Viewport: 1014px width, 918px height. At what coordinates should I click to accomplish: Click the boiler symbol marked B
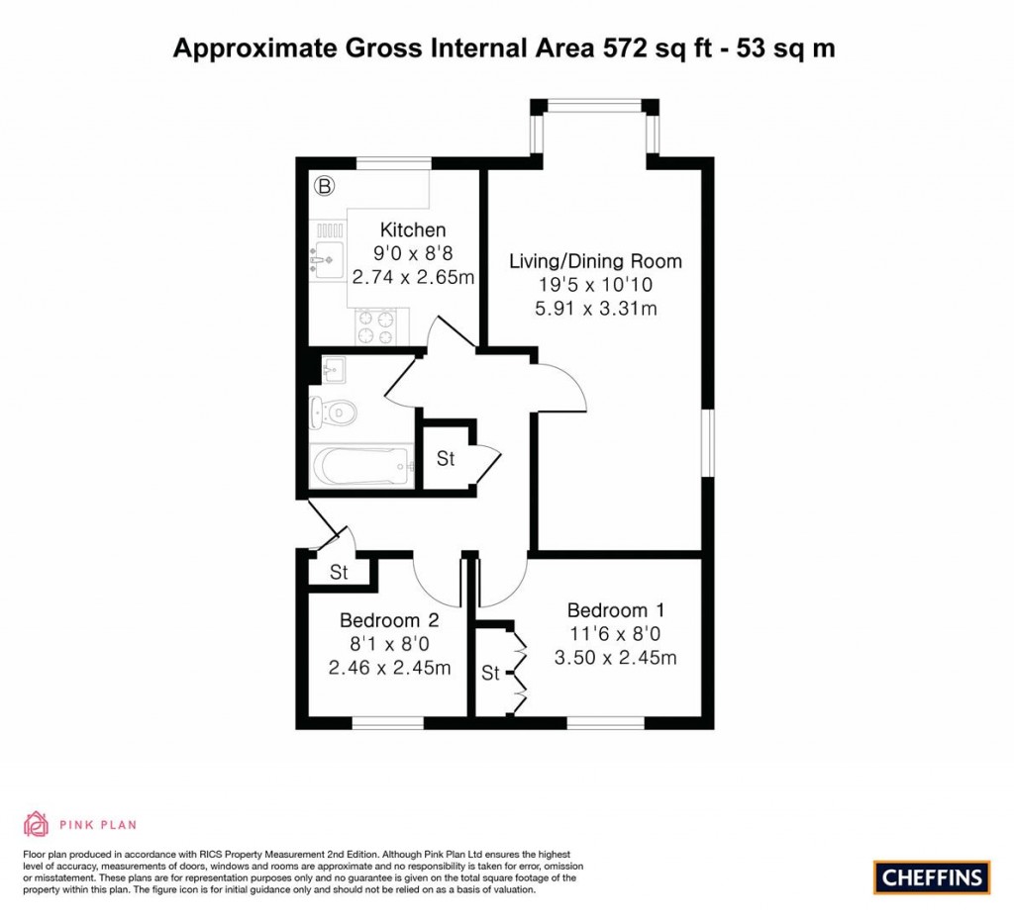tap(323, 185)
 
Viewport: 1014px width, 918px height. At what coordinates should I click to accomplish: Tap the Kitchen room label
tap(412, 230)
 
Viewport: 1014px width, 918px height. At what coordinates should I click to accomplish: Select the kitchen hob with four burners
tap(377, 326)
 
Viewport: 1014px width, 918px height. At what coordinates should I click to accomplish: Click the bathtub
tap(360, 464)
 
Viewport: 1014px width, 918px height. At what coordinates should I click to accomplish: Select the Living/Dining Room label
tap(595, 261)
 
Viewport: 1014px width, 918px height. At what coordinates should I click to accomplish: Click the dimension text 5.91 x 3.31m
tap(595, 309)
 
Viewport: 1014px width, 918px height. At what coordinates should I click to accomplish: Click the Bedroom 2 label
tap(389, 621)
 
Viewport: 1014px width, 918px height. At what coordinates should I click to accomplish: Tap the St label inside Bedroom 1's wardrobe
tap(490, 674)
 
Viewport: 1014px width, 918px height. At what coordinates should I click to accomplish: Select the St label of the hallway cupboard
tap(446, 459)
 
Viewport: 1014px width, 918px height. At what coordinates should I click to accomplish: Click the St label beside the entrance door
tap(339, 573)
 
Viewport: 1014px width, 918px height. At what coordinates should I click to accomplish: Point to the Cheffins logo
tap(932, 876)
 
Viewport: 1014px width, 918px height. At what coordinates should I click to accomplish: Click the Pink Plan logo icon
tap(36, 823)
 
